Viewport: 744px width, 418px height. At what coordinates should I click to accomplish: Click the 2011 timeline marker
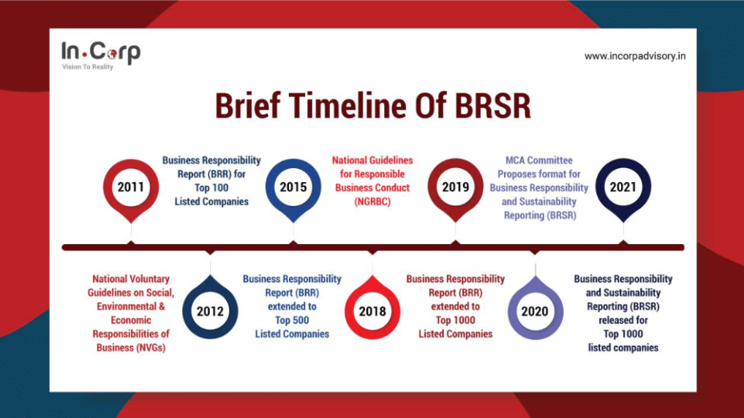(131, 189)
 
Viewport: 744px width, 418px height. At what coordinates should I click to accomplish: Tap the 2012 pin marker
(210, 308)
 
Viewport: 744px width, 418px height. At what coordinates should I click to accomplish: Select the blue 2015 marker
(293, 189)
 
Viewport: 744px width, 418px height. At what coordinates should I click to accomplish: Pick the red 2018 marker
(372, 308)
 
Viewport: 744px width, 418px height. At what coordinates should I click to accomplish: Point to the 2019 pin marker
(456, 189)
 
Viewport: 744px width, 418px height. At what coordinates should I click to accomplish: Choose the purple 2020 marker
(536, 308)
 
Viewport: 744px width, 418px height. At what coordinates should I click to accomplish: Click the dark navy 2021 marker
(623, 189)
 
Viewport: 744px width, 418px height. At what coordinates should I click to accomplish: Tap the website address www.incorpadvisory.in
(635, 56)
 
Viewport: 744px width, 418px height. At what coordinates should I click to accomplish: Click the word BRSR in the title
(493, 106)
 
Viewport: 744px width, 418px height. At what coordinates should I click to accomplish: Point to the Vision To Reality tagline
(88, 66)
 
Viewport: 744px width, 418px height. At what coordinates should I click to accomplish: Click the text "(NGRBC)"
(372, 202)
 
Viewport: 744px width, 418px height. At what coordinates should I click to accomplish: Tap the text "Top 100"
(211, 188)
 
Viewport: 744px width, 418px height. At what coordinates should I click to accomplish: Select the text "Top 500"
(292, 320)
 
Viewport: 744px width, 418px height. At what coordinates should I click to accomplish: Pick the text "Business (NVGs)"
(131, 348)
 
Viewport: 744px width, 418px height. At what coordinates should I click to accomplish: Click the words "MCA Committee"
(539, 160)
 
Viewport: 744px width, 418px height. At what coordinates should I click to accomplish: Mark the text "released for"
(623, 320)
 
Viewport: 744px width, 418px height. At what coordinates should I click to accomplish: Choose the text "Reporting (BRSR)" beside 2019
(540, 215)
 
